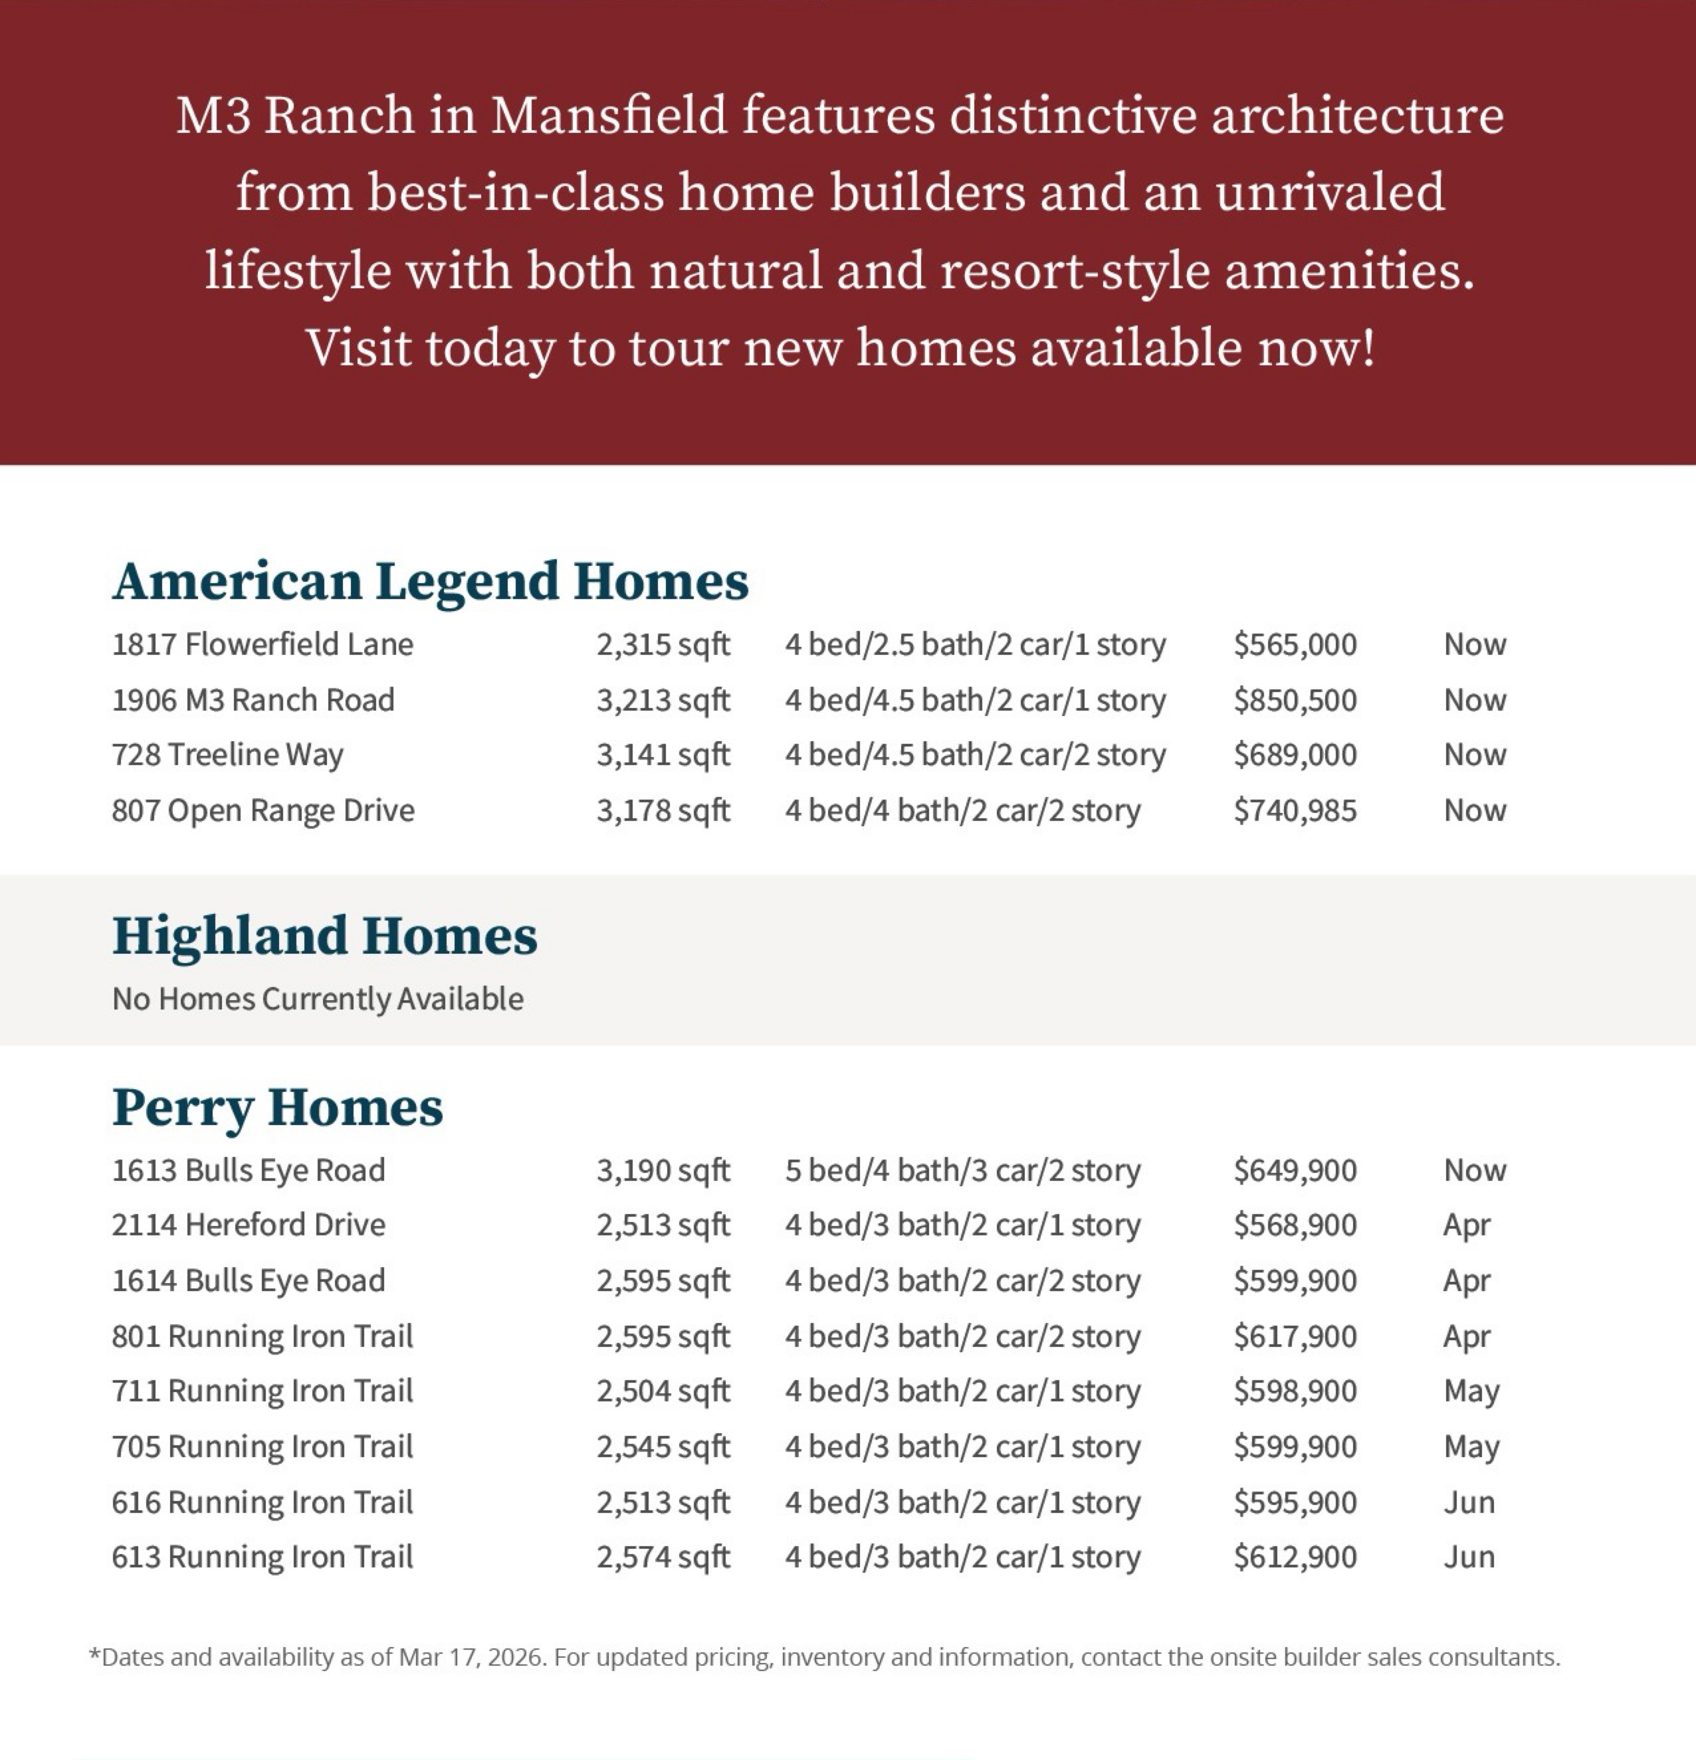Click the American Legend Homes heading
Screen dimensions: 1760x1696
click(x=429, y=581)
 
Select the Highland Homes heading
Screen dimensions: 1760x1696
click(x=324, y=936)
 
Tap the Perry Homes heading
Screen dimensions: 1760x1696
click(x=278, y=1107)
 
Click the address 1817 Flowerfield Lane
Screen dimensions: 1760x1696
click(x=263, y=645)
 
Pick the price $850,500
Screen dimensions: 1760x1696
click(x=1295, y=701)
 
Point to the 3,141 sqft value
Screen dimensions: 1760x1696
click(x=663, y=755)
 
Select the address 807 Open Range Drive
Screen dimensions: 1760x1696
click(x=263, y=811)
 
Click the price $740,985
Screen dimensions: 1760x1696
click(x=1295, y=811)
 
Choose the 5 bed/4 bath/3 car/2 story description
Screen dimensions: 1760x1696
click(x=962, y=1171)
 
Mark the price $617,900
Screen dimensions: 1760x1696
click(x=1295, y=1337)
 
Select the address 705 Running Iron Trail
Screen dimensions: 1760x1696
click(x=263, y=1447)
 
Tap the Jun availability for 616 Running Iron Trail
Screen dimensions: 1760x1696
click(x=1469, y=1503)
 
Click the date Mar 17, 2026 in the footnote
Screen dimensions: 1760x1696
click(x=472, y=1658)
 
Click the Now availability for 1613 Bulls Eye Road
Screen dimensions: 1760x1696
click(x=1474, y=1171)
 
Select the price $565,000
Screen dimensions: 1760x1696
click(x=1295, y=645)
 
